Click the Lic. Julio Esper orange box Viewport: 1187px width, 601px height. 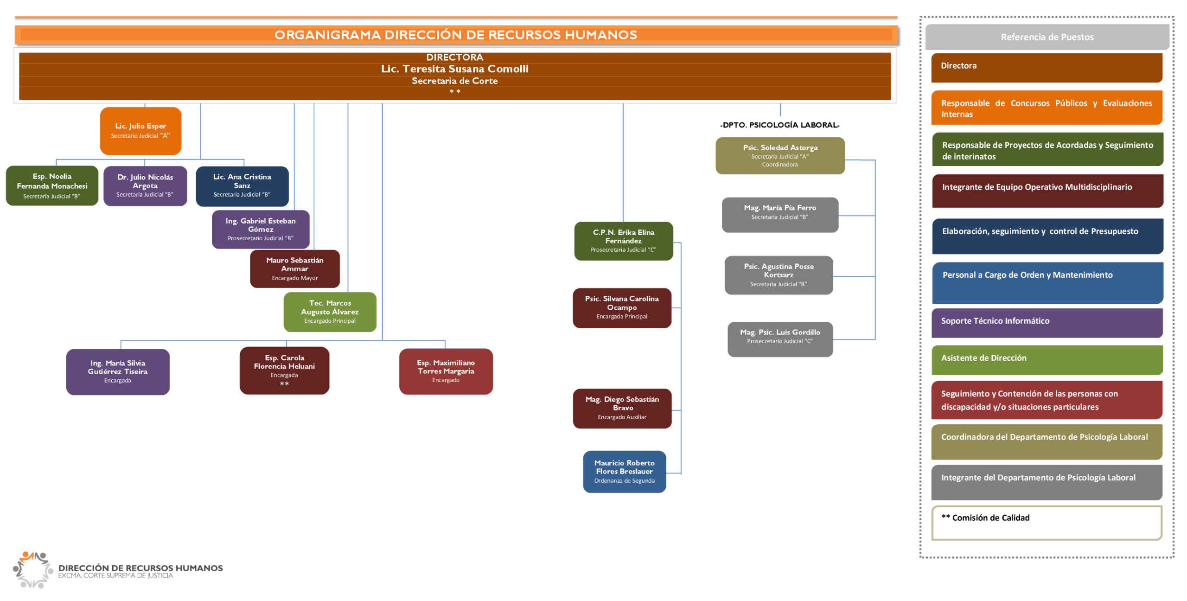[x=140, y=131]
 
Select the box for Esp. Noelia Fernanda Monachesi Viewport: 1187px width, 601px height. [x=52, y=186]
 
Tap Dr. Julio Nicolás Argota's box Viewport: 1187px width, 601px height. [x=145, y=186]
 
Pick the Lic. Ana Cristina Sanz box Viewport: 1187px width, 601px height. [x=242, y=186]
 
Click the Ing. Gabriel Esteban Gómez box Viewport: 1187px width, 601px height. [x=261, y=230]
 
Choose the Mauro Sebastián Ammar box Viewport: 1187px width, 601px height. [x=295, y=269]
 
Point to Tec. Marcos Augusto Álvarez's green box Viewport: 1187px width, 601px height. [x=330, y=312]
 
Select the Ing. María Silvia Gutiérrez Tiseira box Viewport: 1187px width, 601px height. [x=118, y=372]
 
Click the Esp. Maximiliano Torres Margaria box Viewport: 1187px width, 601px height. [x=446, y=371]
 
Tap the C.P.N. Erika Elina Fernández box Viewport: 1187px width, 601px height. [x=623, y=241]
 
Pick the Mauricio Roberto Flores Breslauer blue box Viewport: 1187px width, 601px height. [x=624, y=472]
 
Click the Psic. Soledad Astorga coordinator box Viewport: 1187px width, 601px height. [x=780, y=156]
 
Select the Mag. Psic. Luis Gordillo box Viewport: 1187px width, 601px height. [x=780, y=339]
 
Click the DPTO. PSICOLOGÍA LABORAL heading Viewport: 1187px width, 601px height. [x=780, y=125]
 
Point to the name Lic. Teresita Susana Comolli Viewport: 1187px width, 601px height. [x=454, y=69]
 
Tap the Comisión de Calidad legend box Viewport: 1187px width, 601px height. [x=1047, y=523]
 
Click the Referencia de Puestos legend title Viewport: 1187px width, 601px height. [x=1047, y=37]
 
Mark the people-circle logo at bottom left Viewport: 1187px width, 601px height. [x=32, y=570]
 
